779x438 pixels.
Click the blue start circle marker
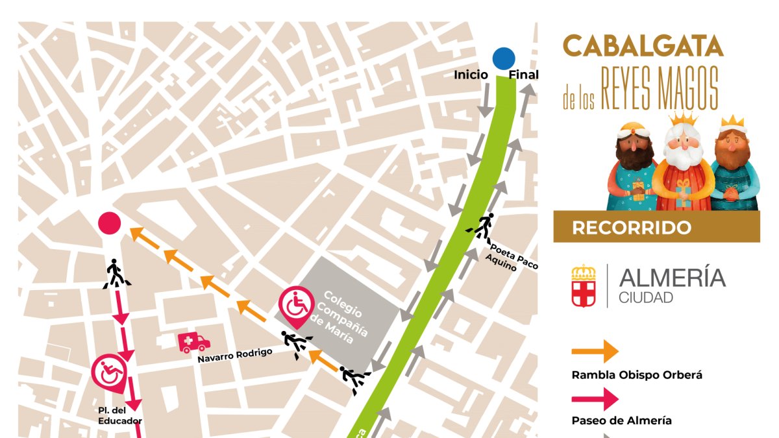point(503,58)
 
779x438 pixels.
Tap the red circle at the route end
point(109,223)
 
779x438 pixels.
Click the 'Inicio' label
point(471,75)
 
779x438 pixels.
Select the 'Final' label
point(523,75)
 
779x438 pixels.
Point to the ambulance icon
point(194,343)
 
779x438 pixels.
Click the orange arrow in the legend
point(595,351)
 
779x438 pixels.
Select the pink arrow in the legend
point(595,399)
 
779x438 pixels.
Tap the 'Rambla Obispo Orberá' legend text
point(637,375)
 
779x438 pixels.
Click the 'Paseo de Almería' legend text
point(621,420)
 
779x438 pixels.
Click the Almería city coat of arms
point(583,286)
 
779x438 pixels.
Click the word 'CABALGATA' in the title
point(643,46)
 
